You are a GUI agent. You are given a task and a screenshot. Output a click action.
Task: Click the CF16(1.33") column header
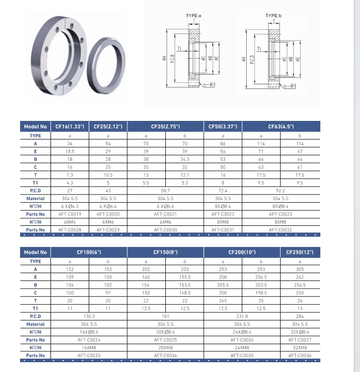70,126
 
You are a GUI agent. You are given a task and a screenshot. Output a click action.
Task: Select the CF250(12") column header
300,252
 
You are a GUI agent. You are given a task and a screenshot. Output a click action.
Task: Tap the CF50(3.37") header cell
223,126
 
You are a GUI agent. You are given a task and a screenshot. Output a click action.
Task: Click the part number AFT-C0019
70,214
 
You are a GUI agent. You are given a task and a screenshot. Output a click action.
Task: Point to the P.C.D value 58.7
165,190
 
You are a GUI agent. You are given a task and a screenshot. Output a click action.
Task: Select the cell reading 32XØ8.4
300,332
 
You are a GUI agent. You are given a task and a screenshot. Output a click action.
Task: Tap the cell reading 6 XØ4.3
70,206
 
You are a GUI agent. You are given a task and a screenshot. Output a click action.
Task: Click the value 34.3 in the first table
185,160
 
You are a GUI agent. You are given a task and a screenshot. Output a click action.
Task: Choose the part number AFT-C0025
165,340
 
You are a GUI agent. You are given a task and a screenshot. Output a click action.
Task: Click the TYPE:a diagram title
194,16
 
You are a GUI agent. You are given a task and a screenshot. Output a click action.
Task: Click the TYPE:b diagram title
273,16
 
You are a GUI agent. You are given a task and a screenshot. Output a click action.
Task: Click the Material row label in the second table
36,324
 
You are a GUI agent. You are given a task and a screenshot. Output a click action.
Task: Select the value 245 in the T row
223,300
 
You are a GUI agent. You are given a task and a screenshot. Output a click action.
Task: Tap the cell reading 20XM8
165,347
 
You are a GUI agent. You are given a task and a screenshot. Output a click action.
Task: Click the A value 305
300,269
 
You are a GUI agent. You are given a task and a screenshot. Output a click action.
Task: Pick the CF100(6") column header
89,252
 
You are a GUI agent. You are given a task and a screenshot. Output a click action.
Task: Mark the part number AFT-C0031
223,229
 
